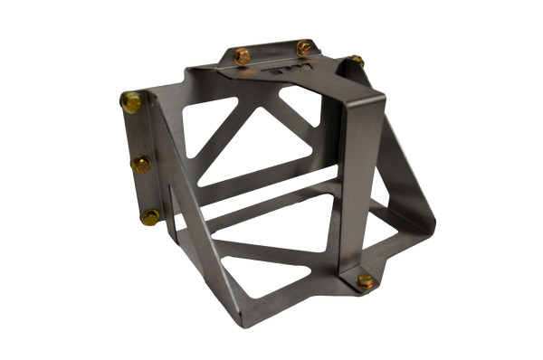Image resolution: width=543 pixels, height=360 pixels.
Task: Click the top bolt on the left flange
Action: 132,102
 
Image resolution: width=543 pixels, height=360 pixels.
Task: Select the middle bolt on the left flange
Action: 141,165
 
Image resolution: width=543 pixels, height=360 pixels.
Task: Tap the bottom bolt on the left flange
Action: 150,217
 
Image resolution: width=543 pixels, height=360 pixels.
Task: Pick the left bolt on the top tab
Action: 242,56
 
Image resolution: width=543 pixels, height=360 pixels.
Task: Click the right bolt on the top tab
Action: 304,48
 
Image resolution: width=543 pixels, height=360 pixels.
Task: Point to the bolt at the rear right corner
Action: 357,62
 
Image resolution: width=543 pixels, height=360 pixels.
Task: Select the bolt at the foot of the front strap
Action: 366,281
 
